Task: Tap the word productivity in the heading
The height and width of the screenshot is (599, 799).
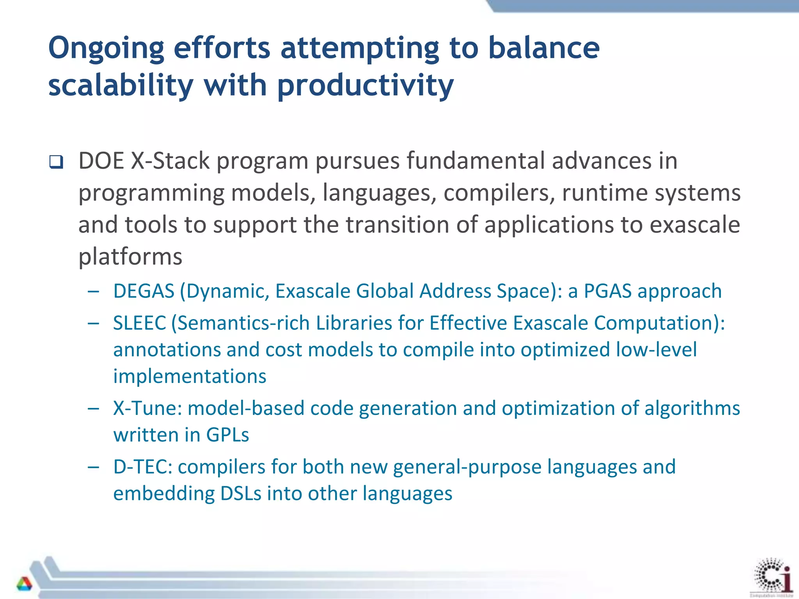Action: (366, 86)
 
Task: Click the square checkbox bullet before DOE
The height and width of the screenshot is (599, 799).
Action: (56, 162)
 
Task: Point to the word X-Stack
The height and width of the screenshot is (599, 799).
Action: (170, 161)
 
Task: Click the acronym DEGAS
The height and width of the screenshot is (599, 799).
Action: (144, 291)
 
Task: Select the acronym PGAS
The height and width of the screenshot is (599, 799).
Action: (607, 291)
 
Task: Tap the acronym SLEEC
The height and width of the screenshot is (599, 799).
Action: (140, 323)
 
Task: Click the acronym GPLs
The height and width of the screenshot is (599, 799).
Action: (227, 435)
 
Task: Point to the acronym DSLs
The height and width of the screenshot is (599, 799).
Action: (241, 494)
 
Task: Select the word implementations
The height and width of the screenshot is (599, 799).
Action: (190, 377)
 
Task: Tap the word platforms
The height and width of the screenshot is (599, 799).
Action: (130, 257)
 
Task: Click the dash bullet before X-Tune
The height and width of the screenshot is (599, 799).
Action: (93, 409)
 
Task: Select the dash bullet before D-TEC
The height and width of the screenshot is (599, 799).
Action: (93, 467)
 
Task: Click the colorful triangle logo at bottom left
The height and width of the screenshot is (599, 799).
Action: (24, 583)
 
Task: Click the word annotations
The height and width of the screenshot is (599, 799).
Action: (167, 350)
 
